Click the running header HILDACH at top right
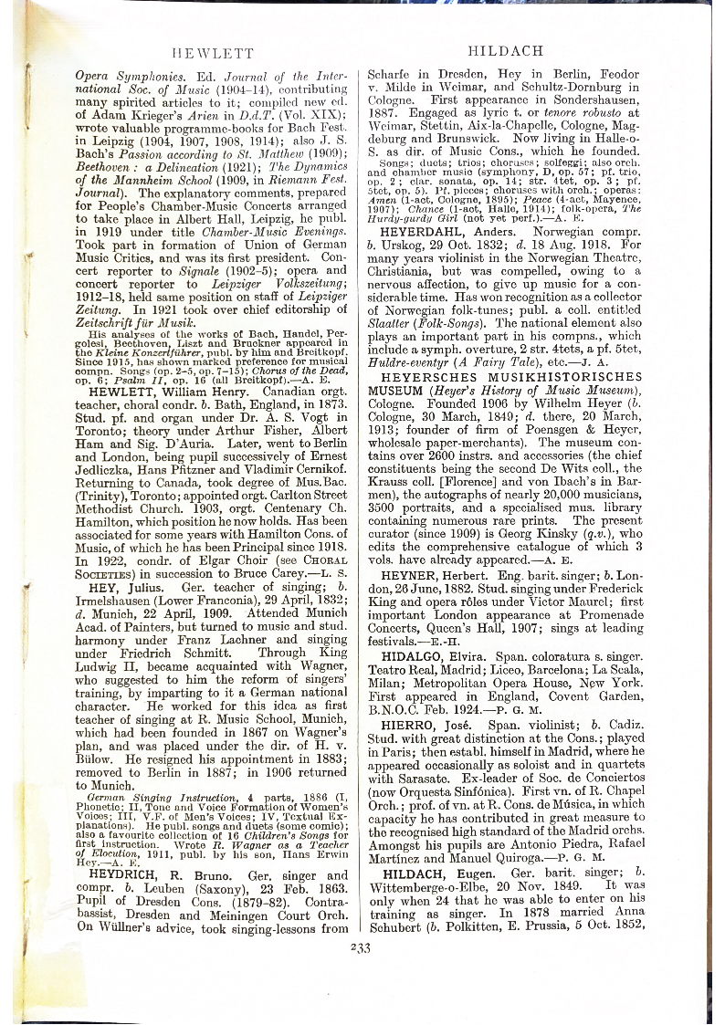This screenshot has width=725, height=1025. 504,51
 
